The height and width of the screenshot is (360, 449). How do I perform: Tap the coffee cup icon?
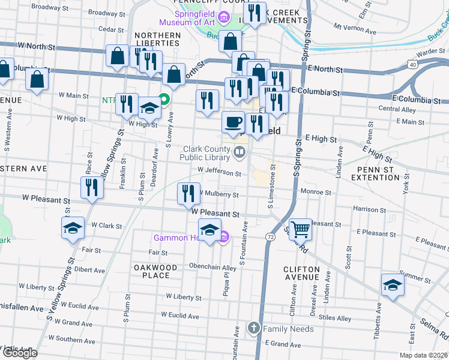(x=234, y=122)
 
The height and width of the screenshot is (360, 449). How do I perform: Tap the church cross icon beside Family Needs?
(x=254, y=328)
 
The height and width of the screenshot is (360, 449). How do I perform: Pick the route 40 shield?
(x=412, y=64)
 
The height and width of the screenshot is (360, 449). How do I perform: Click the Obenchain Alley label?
(x=212, y=268)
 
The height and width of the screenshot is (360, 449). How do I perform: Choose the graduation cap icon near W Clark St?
(x=73, y=228)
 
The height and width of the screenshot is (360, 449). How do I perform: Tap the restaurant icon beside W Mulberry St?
(x=188, y=193)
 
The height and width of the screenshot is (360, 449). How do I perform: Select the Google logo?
(x=19, y=353)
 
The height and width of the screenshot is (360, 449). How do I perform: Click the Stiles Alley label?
(x=335, y=319)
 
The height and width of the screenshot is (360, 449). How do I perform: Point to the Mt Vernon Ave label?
(x=355, y=29)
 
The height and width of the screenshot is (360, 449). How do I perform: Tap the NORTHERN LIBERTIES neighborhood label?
(x=158, y=40)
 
